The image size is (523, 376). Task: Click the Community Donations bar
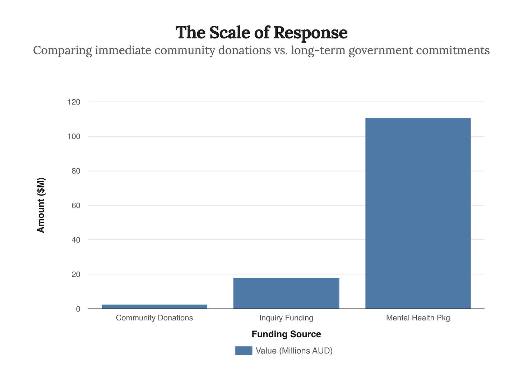154,306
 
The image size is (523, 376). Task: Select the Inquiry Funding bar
286,293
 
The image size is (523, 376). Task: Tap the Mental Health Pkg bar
418,213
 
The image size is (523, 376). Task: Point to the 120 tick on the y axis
74,102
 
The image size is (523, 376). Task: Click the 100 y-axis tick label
74,137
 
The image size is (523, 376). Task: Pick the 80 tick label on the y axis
75,171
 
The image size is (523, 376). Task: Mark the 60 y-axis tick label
75,206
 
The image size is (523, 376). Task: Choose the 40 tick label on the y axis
75,240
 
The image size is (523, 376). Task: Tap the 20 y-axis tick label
75,274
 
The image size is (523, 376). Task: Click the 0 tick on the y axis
78,309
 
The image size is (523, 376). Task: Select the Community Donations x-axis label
154,318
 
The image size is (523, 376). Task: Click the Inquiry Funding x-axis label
286,318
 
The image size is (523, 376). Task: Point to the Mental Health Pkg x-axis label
418,318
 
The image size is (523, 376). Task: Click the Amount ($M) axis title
41,205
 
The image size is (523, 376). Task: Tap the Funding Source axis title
286,334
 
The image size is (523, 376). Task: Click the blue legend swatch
244,351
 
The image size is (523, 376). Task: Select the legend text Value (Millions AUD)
294,351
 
